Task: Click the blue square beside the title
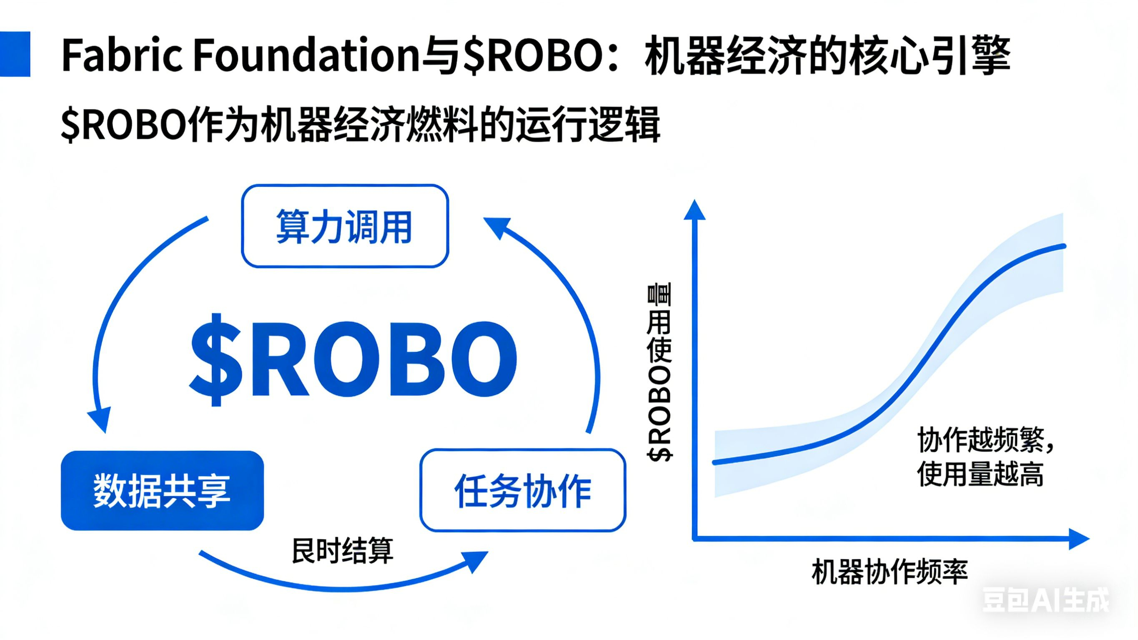pos(15,54)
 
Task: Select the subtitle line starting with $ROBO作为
pos(360,125)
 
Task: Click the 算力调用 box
pos(345,226)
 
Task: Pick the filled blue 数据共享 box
pos(162,491)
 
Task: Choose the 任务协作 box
pos(523,491)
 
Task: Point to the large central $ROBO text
pos(353,360)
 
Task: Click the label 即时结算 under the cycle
pos(342,551)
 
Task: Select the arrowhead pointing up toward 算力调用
pos(497,227)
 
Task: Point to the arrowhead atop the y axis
pos(694,211)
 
